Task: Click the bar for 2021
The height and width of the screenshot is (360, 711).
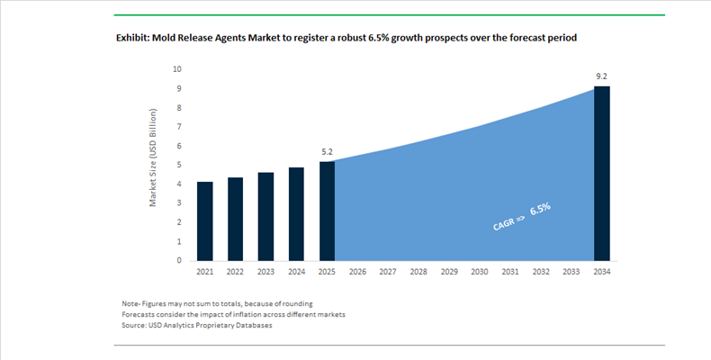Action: pyautogui.click(x=205, y=221)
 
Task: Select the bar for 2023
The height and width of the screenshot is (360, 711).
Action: pyautogui.click(x=266, y=217)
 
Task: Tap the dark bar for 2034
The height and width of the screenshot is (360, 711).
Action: pyautogui.click(x=602, y=174)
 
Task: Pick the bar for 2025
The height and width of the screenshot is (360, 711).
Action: pyautogui.click(x=327, y=211)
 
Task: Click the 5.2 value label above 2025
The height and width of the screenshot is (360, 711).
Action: pyautogui.click(x=327, y=152)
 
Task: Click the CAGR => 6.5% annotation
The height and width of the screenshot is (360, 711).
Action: pyautogui.click(x=522, y=218)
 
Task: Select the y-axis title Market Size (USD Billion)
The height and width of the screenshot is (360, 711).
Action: pyautogui.click(x=154, y=157)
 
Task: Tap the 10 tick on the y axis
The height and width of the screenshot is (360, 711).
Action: pyautogui.click(x=177, y=69)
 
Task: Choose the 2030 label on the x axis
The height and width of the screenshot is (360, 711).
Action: pyautogui.click(x=480, y=272)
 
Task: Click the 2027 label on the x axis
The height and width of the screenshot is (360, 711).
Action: pyautogui.click(x=388, y=272)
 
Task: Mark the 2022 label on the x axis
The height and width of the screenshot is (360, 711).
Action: pyautogui.click(x=236, y=272)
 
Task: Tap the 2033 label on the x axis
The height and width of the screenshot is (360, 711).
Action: pyautogui.click(x=571, y=272)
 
